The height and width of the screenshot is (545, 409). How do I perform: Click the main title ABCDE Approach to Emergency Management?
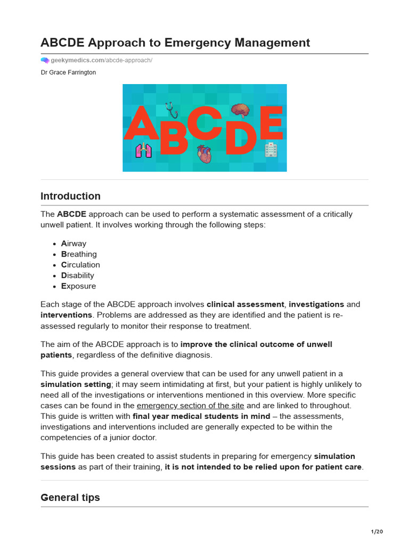point(175,43)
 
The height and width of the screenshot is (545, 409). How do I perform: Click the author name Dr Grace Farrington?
point(68,72)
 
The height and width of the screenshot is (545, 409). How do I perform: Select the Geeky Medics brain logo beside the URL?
point(45,61)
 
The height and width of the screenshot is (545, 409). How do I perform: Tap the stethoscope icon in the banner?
point(171,110)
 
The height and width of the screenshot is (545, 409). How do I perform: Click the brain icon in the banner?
point(240,110)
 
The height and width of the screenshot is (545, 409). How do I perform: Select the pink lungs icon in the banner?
point(143,151)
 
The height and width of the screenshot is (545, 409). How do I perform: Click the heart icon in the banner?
point(204,154)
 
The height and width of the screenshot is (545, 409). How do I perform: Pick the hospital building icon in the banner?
point(271,150)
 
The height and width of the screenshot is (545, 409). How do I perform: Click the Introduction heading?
point(70,196)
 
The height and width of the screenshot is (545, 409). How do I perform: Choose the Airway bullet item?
point(73,244)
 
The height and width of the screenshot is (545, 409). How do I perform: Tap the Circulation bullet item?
point(80,265)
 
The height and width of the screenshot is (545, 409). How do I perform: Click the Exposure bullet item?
point(79,286)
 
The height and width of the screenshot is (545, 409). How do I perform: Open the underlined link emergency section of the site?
point(190,406)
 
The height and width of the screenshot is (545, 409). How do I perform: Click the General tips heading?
point(70,498)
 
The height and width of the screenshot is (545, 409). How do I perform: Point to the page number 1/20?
point(377,532)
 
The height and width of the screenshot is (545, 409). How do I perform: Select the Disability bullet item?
point(78,276)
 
